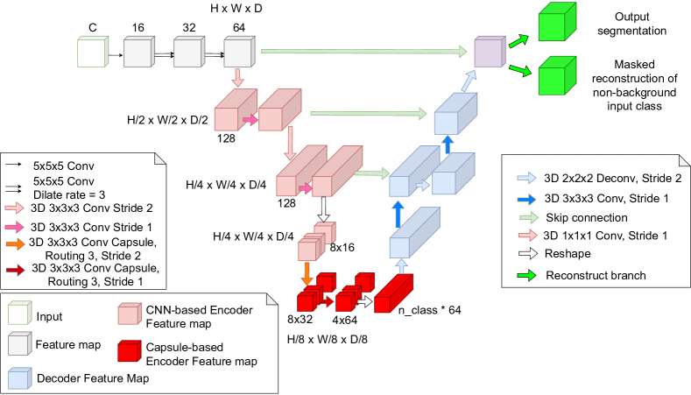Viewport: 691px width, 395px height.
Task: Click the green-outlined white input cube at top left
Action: pyautogui.click(x=92, y=52)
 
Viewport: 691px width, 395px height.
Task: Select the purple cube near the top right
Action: pyautogui.click(x=489, y=53)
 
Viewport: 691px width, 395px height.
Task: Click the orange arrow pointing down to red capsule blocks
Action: pyautogui.click(x=307, y=274)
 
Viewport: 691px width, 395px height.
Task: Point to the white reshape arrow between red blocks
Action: pyautogui.click(x=363, y=301)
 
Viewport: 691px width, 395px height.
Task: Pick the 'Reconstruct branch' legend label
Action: pyautogui.click(x=596, y=275)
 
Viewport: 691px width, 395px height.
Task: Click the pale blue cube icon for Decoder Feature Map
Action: pyautogui.click(x=19, y=378)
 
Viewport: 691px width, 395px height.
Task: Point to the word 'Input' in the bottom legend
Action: pyautogui.click(x=49, y=316)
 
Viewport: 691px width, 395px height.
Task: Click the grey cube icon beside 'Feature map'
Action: pyautogui.click(x=19, y=345)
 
